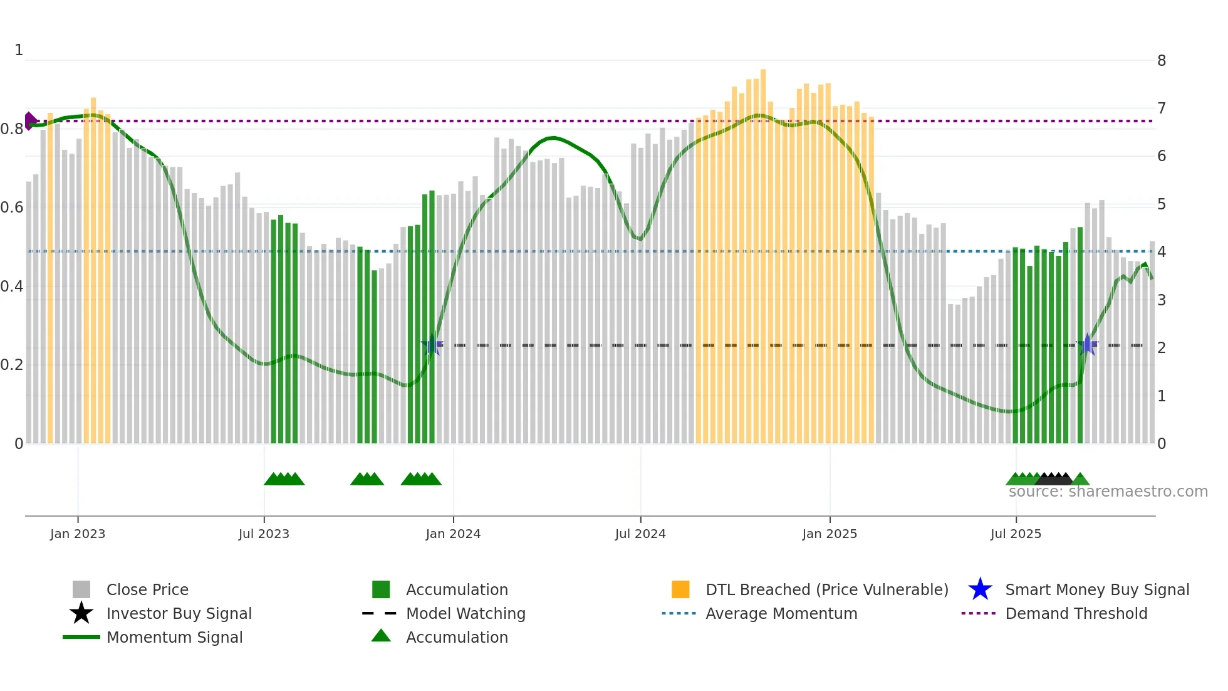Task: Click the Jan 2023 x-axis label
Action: [x=78, y=534]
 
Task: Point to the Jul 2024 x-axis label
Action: [x=640, y=534]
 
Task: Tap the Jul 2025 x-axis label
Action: [x=1016, y=534]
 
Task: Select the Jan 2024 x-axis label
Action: [x=453, y=534]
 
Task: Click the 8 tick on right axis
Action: [x=1162, y=61]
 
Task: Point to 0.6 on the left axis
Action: [x=12, y=208]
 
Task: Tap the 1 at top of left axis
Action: [x=19, y=50]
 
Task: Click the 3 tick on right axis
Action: [x=1162, y=300]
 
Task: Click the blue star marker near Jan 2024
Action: [x=432, y=345]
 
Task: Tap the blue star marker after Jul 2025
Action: [x=1088, y=344]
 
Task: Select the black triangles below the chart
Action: [x=1054, y=479]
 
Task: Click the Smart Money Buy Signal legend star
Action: [x=980, y=589]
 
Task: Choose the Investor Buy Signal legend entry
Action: [x=179, y=613]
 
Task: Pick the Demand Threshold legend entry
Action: [x=1076, y=613]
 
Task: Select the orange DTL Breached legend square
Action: [x=680, y=589]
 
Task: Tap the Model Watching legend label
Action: [x=466, y=613]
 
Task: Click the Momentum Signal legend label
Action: [x=174, y=637]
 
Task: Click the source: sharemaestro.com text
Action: [x=1108, y=492]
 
